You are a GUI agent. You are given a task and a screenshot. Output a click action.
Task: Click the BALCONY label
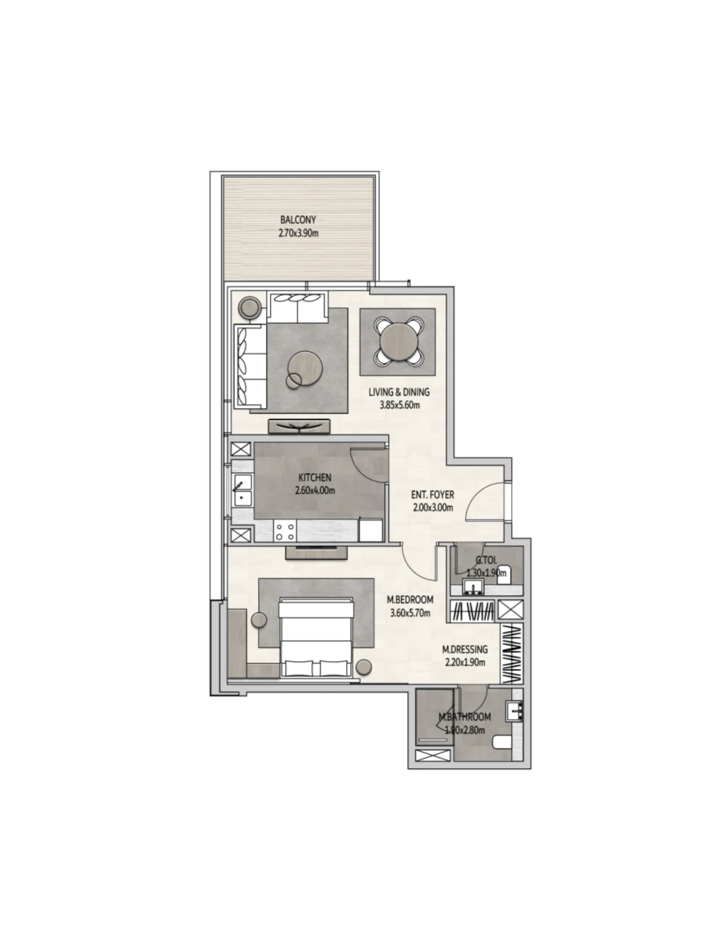(x=298, y=220)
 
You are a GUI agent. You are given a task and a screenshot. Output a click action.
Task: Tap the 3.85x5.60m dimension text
(x=399, y=405)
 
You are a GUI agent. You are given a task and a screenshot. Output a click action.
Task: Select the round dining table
(x=397, y=340)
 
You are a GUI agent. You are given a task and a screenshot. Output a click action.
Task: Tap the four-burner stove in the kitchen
(x=284, y=531)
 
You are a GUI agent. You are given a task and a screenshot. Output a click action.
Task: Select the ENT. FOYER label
(x=432, y=495)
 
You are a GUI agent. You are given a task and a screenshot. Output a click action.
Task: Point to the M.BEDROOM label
(x=410, y=599)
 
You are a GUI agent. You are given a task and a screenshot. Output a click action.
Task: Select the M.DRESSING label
(x=464, y=649)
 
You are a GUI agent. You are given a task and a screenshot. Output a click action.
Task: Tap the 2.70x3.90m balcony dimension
(x=298, y=233)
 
